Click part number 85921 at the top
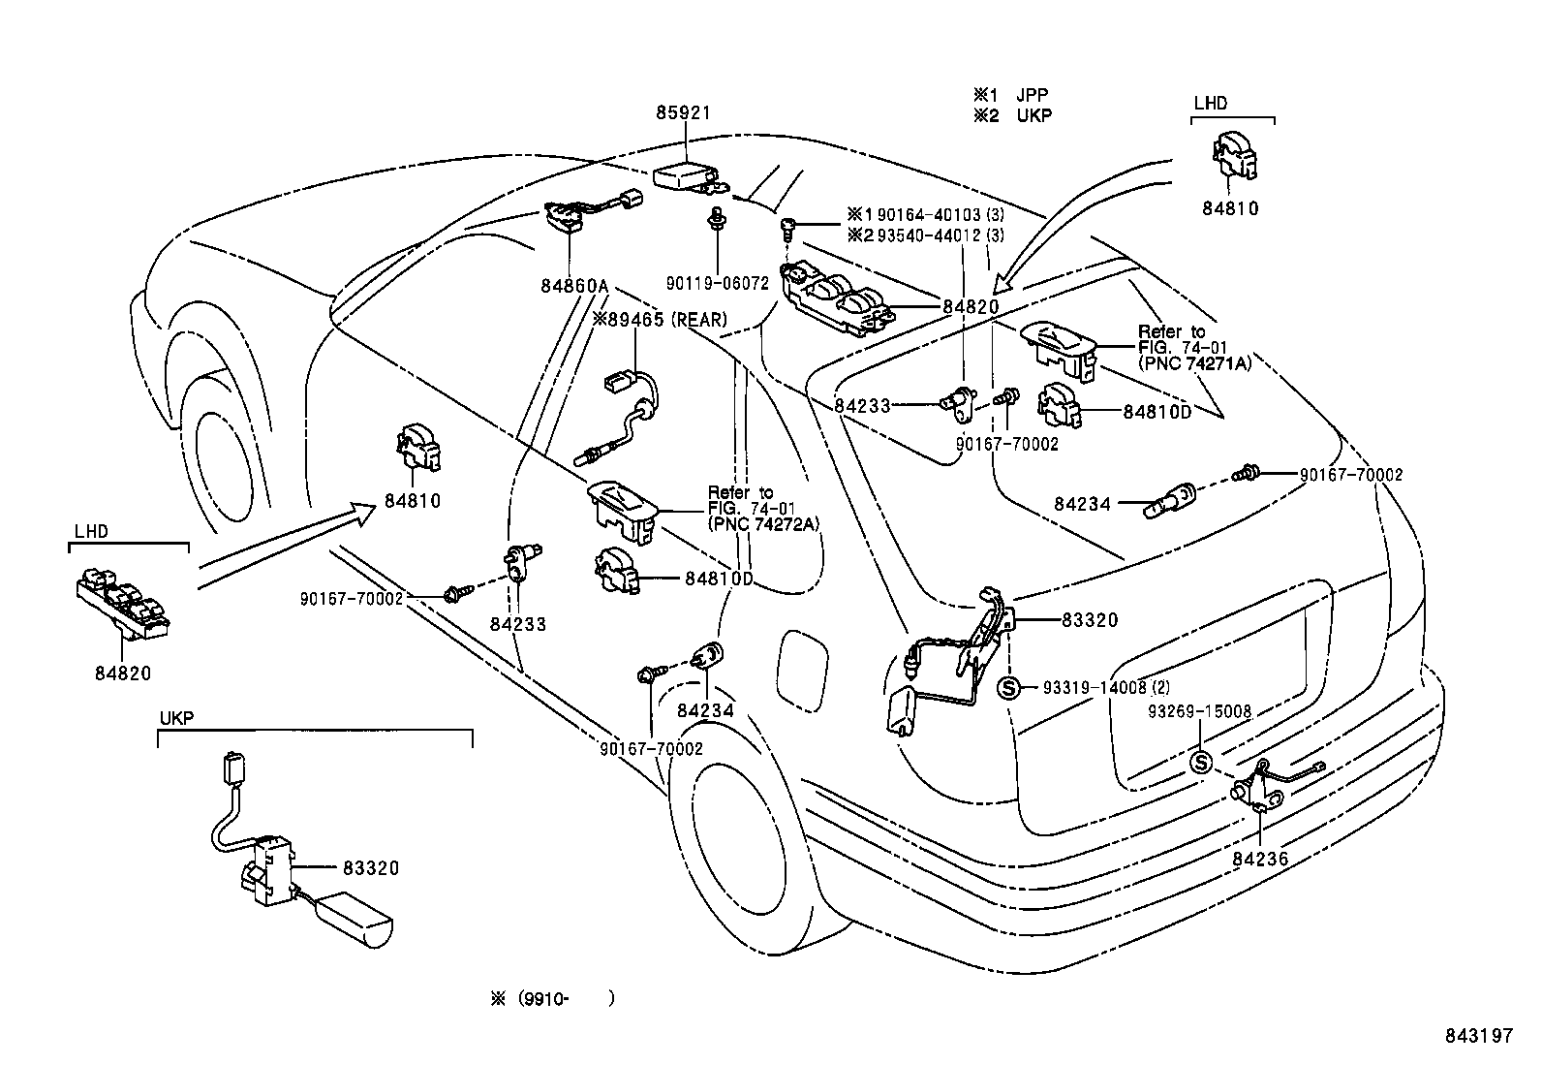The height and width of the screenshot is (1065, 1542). tap(683, 113)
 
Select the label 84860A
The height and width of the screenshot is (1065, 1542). tap(574, 287)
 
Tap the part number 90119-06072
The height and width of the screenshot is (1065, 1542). tap(718, 284)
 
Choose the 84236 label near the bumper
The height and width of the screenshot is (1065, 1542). tap(1261, 858)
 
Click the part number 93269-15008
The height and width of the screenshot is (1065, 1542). tap(1200, 712)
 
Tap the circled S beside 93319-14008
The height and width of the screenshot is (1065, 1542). tap(1008, 688)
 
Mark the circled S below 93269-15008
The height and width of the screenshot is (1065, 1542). tap(1200, 763)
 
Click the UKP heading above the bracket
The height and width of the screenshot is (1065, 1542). tap(176, 718)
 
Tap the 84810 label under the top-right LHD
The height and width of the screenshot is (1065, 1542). tap(1230, 208)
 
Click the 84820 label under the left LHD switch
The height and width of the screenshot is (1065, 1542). tap(123, 673)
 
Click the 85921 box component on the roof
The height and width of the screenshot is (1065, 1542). tap(684, 175)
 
